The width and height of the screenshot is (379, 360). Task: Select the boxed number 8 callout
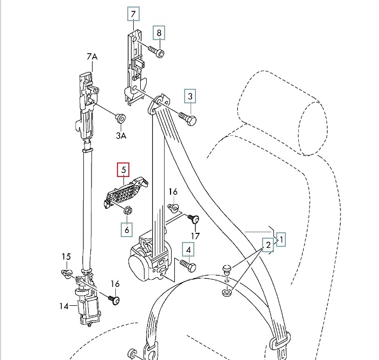click(159, 33)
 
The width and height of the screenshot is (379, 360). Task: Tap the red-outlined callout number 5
click(124, 170)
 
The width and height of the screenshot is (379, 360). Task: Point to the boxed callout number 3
click(190, 96)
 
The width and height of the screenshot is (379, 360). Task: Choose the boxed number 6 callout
click(127, 230)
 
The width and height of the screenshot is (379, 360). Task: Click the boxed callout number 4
click(188, 250)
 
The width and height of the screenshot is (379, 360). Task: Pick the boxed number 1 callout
click(281, 238)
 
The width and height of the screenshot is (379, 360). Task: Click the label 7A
click(92, 56)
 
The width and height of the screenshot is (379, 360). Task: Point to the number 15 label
click(66, 256)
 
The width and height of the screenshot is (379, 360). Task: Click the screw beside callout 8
click(156, 52)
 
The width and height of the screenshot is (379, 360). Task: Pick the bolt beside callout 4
click(186, 265)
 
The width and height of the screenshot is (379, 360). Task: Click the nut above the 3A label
click(120, 118)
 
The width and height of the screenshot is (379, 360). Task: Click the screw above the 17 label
click(194, 219)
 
